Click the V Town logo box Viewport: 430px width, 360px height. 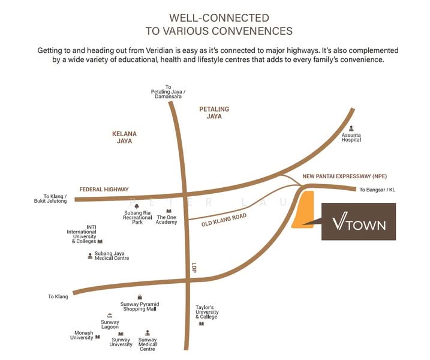[x=359, y=221]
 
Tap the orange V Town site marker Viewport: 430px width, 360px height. [x=303, y=209]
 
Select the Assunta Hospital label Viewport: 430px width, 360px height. [x=351, y=137]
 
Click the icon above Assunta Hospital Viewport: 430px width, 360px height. [x=351, y=128]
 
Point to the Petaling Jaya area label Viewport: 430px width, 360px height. [x=214, y=113]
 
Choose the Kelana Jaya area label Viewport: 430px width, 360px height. [x=124, y=137]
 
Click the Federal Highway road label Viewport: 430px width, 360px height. [x=104, y=190]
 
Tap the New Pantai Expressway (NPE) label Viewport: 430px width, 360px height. [x=345, y=176]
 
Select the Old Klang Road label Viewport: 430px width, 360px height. [x=224, y=220]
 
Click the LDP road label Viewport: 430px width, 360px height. [x=194, y=268]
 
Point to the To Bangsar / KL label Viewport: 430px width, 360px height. [x=377, y=190]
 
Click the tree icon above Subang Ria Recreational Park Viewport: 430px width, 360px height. [x=137, y=206]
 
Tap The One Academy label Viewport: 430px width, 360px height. [x=167, y=220]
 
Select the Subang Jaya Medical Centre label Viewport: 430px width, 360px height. [x=112, y=256]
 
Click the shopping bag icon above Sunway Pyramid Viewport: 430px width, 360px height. [x=140, y=297]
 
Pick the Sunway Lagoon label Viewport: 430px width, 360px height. [x=110, y=325]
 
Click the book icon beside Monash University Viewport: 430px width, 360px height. [x=98, y=337]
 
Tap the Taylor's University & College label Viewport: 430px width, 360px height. [x=207, y=312]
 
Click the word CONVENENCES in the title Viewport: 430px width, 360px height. [x=247, y=31]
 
